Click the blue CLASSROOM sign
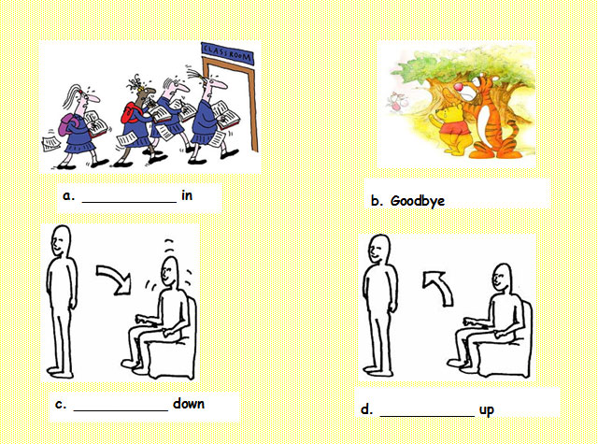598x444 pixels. click(x=227, y=53)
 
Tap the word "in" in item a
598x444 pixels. click(x=187, y=195)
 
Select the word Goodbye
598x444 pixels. click(x=418, y=201)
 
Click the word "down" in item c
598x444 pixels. click(x=189, y=403)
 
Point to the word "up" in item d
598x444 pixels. click(x=486, y=410)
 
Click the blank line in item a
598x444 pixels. click(x=129, y=202)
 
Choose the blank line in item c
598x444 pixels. click(x=121, y=410)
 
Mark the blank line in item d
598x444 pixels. click(x=427, y=416)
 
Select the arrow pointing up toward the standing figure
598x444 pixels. click(x=438, y=287)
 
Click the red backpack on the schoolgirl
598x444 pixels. click(x=129, y=113)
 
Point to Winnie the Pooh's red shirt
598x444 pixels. click(x=455, y=127)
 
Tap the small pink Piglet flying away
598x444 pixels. click(x=397, y=102)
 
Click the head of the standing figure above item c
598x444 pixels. click(x=60, y=240)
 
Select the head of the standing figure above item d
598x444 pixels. click(x=379, y=249)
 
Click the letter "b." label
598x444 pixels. click(x=377, y=201)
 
